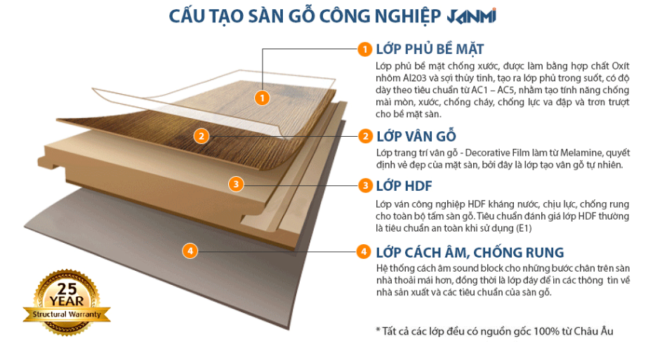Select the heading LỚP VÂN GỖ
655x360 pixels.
pos(416,136)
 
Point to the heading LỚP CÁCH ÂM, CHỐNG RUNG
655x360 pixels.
pos(470,252)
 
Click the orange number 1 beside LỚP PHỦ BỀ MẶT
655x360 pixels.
pos(364,49)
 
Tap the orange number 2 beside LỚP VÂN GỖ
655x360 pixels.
pos(365,136)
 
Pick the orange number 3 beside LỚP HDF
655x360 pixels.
pos(365,186)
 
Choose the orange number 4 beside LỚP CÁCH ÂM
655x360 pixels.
pos(364,251)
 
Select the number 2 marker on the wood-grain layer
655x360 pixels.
pos(201,136)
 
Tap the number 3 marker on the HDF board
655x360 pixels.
pos(237,185)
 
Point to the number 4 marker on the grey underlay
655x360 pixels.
pos(190,251)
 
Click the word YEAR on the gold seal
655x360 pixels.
pos(62,300)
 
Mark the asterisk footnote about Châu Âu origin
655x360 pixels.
pos(494,331)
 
